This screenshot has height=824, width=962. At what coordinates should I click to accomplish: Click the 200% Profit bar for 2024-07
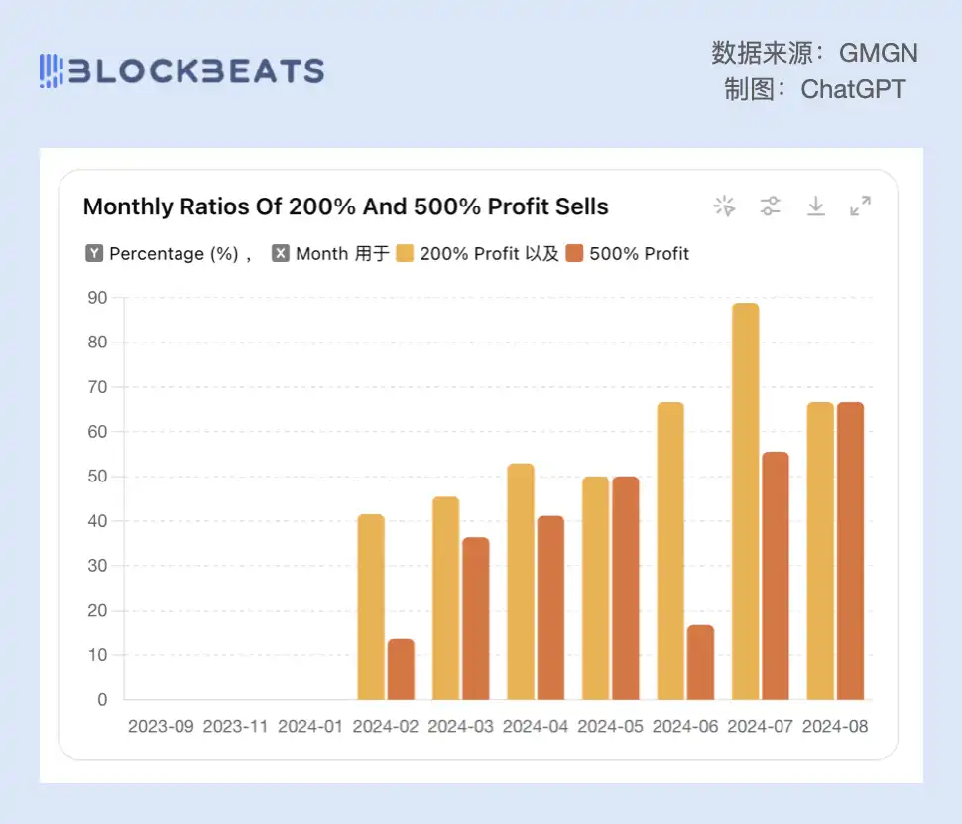point(745,501)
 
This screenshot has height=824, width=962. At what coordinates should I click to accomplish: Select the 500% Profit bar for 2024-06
point(700,662)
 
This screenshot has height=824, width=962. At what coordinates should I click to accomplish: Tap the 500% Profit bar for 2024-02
point(401,669)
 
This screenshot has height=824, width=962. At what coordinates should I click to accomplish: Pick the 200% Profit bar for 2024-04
point(521,581)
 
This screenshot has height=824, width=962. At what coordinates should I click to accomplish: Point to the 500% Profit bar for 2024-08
point(850,551)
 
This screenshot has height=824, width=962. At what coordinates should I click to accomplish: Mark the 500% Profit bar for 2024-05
point(625,588)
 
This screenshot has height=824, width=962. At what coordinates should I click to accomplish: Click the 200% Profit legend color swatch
point(405,254)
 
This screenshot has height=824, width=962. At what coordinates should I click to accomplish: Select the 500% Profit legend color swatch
point(574,254)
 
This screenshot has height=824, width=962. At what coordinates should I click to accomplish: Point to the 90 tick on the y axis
point(98,297)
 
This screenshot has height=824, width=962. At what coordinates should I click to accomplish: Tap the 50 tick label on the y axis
point(98,477)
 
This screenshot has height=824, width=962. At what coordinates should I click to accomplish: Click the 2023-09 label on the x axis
point(161,726)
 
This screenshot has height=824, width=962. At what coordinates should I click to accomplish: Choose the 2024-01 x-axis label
point(310,726)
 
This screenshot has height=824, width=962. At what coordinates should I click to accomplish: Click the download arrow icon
point(815,206)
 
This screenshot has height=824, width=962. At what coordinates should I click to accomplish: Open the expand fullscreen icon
point(860,206)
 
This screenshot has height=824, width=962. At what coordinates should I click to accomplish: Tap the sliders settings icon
point(771,206)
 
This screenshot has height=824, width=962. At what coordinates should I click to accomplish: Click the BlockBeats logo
point(181,70)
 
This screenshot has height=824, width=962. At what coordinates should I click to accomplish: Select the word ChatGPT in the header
point(853,89)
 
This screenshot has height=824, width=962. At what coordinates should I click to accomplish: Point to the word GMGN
point(879,52)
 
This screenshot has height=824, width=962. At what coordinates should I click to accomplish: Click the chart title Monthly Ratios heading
point(345,206)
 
